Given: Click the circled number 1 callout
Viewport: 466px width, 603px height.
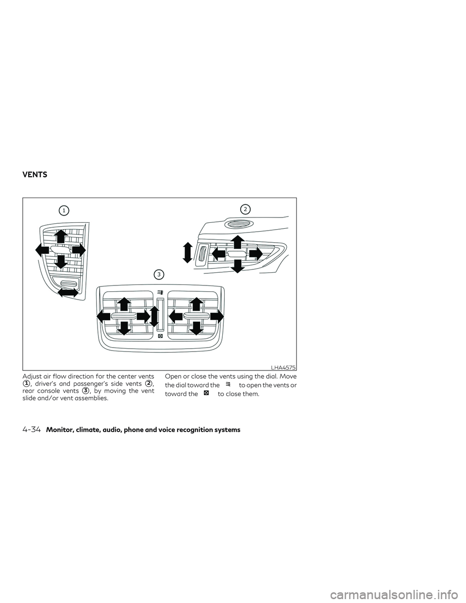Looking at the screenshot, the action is pyautogui.click(x=64, y=210).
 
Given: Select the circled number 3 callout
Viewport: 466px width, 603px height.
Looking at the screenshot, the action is pyautogui.click(x=158, y=274).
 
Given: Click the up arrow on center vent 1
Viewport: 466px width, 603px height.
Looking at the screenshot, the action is pyautogui.click(x=60, y=236).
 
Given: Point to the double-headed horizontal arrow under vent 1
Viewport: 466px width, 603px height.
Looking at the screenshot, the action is pyautogui.click(x=67, y=292).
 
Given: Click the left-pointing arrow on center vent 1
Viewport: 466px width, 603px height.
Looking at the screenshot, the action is pyautogui.click(x=42, y=250).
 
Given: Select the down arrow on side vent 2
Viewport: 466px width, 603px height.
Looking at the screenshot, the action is pyautogui.click(x=237, y=266).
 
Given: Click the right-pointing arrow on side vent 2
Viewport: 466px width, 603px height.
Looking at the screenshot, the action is pyautogui.click(x=255, y=253).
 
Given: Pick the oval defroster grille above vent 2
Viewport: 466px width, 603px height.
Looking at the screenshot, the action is pyautogui.click(x=236, y=225).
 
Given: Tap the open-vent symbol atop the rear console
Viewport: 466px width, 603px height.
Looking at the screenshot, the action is pyautogui.click(x=159, y=292).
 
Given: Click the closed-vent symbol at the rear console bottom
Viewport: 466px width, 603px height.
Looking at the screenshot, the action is pyautogui.click(x=160, y=336).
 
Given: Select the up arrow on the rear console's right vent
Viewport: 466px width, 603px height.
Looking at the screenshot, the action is pyautogui.click(x=196, y=304).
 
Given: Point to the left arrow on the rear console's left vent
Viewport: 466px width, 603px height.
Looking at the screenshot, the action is pyautogui.click(x=103, y=316).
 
